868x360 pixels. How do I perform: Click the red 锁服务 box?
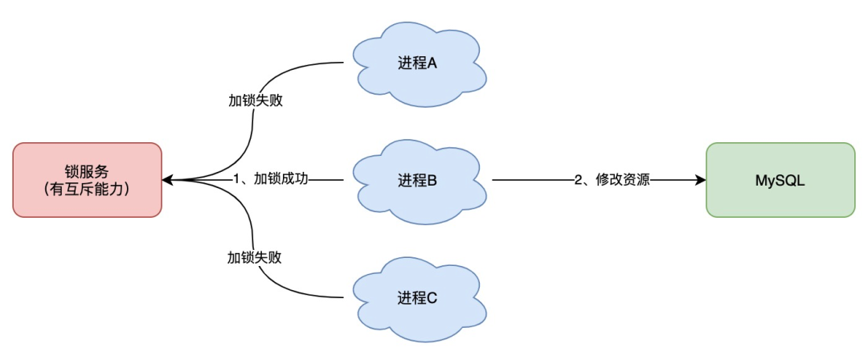pyautogui.click(x=87, y=180)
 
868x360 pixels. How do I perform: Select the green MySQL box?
pyautogui.click(x=780, y=180)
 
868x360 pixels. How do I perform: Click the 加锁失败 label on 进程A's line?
pyautogui.click(x=255, y=102)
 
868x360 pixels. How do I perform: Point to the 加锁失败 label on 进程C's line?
pyautogui.click(x=255, y=258)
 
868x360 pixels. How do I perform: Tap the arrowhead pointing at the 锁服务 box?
pyautogui.click(x=167, y=180)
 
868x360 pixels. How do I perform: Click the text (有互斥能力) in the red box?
pyautogui.click(x=87, y=190)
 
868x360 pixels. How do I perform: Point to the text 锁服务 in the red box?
pyautogui.click(x=87, y=170)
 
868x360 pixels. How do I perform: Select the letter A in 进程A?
pyautogui.click(x=432, y=63)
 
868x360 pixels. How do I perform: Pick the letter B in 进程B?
pyautogui.click(x=432, y=181)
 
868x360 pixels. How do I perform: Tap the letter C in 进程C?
pyautogui.click(x=432, y=298)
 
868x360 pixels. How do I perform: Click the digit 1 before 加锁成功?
pyautogui.click(x=237, y=180)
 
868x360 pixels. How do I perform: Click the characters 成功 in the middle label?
pyautogui.click(x=294, y=180)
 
